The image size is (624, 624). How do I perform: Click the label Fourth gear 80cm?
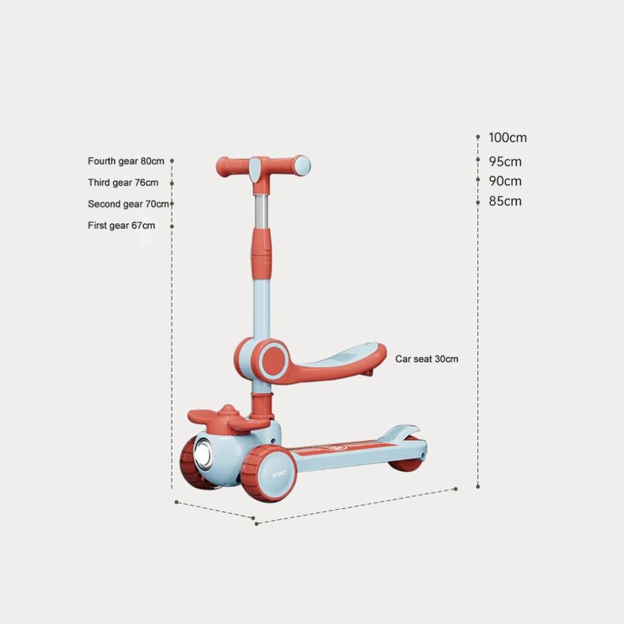126,161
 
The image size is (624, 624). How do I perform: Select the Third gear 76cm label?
123,183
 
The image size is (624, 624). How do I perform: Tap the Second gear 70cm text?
128,204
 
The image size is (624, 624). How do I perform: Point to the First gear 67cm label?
122,226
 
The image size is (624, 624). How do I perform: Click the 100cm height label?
508,138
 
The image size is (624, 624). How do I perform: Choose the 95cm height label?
505,162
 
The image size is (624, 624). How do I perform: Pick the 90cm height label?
505,181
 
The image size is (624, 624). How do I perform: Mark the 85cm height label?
505,201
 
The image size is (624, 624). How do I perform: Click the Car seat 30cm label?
427,359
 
